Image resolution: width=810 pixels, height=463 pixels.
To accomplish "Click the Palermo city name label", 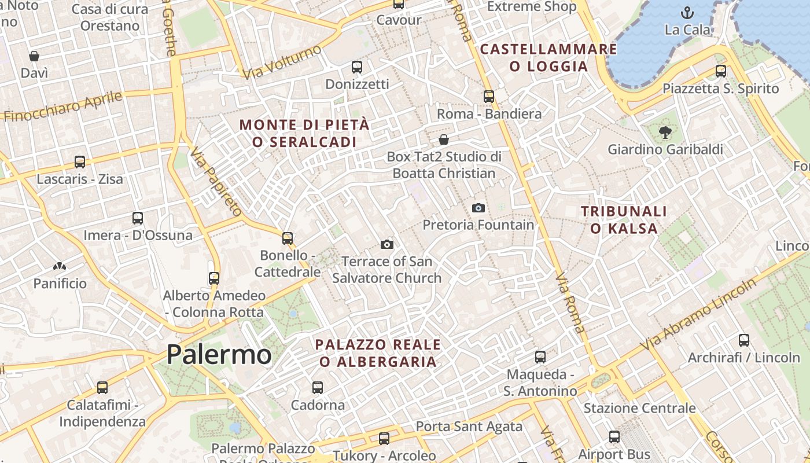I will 219,354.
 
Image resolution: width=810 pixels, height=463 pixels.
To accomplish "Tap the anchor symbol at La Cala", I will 687,13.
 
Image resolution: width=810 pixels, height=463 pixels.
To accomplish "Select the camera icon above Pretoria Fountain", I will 478,208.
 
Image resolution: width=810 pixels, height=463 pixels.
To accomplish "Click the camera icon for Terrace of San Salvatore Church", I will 387,245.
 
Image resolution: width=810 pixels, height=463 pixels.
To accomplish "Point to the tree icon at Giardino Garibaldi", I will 665,133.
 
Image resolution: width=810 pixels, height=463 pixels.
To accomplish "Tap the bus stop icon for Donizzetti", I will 356,67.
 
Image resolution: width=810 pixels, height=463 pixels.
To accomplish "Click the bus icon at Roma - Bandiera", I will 489,97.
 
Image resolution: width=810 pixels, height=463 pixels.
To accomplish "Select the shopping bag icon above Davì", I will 34,56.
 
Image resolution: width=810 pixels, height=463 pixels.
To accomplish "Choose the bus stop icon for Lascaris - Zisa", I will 80,162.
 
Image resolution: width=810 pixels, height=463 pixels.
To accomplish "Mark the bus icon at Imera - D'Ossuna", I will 137,218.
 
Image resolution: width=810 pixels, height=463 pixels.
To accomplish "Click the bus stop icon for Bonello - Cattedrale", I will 287,238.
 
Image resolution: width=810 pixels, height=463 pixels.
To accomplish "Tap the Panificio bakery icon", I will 59,267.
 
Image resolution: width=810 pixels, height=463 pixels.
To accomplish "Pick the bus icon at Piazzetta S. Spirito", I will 720,71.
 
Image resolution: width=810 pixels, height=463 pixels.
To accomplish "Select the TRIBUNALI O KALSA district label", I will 624,220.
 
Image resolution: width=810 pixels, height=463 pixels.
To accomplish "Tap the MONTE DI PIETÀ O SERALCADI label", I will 304,133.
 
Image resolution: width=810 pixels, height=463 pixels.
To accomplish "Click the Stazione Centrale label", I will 639,408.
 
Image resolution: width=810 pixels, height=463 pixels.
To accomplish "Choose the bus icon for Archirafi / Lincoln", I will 743,340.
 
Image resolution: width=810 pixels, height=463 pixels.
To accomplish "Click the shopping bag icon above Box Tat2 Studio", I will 444,139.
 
